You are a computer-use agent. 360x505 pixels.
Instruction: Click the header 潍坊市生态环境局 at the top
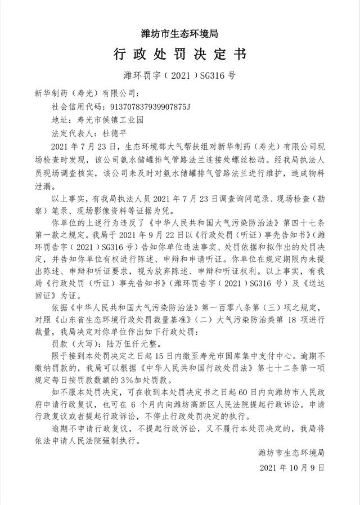[180, 33]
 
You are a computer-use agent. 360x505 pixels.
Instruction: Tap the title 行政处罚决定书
[180, 55]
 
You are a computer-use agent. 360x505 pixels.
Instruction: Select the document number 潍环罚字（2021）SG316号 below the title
[180, 75]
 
